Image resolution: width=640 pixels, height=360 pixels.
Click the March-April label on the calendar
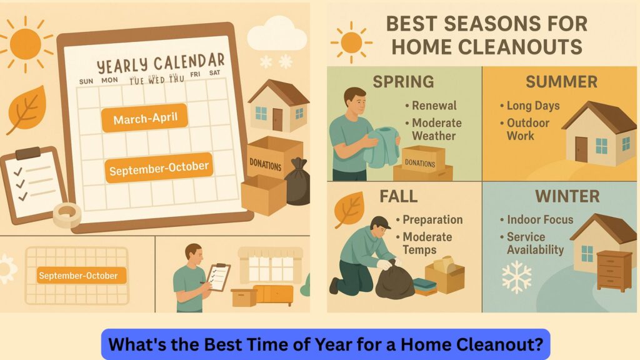144,118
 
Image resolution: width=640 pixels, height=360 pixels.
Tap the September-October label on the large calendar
158,168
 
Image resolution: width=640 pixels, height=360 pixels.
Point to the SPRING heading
403,81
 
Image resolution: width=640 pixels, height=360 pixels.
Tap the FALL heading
398,197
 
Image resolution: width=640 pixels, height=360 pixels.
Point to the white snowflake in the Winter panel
516,277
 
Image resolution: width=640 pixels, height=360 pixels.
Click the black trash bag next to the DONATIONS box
297,181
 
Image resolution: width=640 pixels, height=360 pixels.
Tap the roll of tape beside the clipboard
67,215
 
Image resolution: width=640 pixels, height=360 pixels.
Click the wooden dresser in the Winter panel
614,270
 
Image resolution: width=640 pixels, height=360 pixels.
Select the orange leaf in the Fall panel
349,209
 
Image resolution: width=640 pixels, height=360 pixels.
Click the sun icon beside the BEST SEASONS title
351,42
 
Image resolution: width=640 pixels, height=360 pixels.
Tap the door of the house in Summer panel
581,149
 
